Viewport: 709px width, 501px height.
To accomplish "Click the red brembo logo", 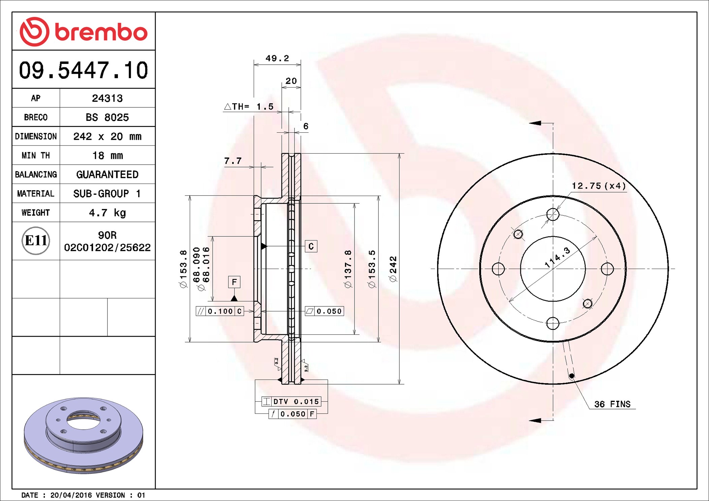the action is (x=84, y=32).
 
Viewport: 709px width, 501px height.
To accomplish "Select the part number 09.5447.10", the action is (x=84, y=70).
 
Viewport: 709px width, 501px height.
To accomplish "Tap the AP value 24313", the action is (x=107, y=98).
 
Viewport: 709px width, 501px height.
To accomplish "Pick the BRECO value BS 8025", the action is (x=107, y=117).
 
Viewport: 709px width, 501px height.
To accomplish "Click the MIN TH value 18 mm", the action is (x=107, y=155).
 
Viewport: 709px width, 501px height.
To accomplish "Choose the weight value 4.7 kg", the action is (x=107, y=213).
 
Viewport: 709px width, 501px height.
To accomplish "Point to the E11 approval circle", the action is (x=36, y=240).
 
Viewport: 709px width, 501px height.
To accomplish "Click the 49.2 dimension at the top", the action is (x=277, y=58).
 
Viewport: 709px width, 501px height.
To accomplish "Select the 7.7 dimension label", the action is (x=233, y=161).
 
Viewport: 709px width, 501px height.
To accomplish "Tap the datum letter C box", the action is (x=311, y=246).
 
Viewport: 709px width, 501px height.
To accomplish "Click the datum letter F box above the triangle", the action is (x=234, y=282).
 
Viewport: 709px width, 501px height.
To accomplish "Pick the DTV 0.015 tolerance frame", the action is (x=291, y=401).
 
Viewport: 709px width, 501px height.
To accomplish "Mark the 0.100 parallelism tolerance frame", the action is (x=220, y=311).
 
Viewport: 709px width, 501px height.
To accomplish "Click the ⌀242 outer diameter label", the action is (x=393, y=269).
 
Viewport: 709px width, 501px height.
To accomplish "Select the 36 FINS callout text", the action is (x=612, y=404).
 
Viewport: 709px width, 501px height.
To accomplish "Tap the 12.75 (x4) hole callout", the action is (x=598, y=186).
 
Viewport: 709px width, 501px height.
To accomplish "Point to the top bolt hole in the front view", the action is (x=553, y=214).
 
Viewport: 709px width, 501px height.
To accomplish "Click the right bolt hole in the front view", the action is (x=607, y=269).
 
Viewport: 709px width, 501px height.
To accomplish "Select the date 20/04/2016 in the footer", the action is (x=71, y=495).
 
